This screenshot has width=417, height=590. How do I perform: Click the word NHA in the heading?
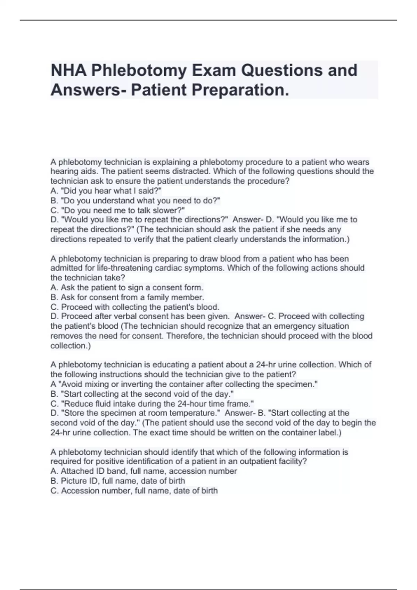(x=68, y=70)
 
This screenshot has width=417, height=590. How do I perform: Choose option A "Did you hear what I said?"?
(x=106, y=191)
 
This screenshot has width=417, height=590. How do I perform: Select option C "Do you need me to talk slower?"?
(x=117, y=210)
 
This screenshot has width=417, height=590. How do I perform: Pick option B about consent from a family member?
(x=127, y=297)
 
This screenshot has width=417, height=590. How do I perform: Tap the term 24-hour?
(x=192, y=404)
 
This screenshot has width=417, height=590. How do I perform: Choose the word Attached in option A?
(x=77, y=471)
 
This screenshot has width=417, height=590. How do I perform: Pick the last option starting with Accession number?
(x=134, y=491)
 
